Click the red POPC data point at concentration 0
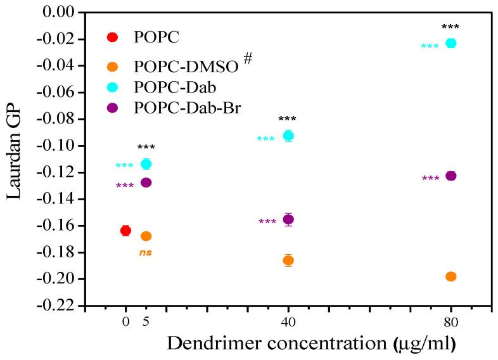click(x=125, y=231)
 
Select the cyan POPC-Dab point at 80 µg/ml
click(x=451, y=43)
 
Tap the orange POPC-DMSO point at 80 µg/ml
click(x=451, y=276)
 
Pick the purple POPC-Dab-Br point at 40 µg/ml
click(x=288, y=219)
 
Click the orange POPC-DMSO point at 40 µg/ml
click(x=288, y=260)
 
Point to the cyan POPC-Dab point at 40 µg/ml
click(x=288, y=136)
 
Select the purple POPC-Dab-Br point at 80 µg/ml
click(x=451, y=176)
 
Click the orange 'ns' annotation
click(x=146, y=253)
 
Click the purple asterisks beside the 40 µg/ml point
click(x=267, y=222)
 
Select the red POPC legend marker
click(x=113, y=37)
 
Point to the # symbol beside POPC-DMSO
click(x=248, y=59)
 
